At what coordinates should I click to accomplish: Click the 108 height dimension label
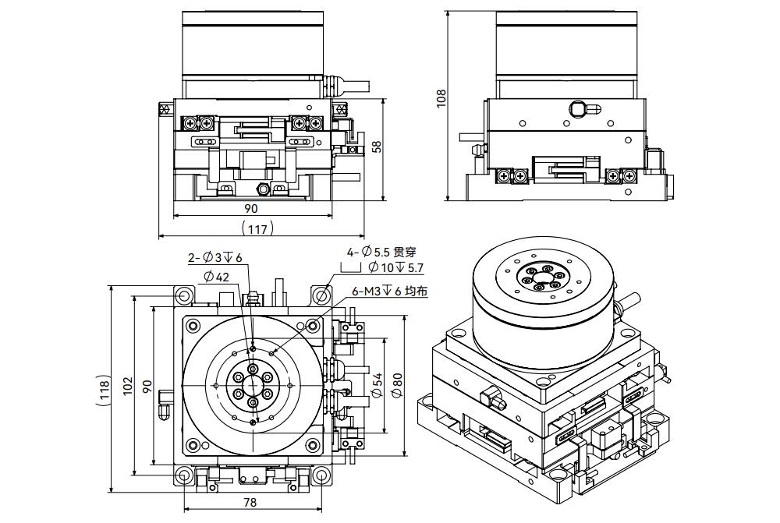click(x=441, y=97)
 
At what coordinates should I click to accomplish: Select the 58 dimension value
click(x=377, y=147)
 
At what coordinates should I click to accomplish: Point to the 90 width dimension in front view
click(x=251, y=208)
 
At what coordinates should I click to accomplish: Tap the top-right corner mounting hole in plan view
click(x=321, y=295)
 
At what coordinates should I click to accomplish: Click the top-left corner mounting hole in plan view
click(x=183, y=295)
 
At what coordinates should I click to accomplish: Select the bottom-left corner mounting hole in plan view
click(x=183, y=475)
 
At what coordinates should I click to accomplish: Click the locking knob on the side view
click(x=577, y=108)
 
